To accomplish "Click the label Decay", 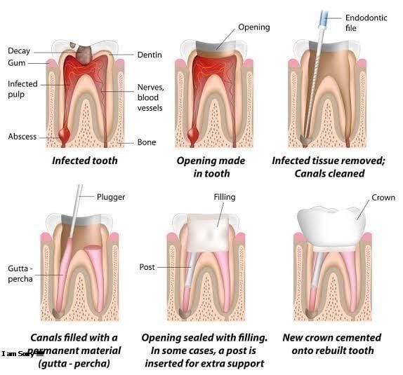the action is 19,51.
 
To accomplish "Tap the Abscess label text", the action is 22,136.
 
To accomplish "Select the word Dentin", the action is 150,55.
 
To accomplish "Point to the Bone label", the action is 147,142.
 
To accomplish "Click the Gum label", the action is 16,63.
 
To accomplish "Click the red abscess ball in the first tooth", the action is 64,133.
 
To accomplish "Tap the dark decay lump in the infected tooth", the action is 84,55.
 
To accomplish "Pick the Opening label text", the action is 254,27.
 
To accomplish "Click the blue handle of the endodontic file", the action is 324,18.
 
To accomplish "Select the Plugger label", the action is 111,197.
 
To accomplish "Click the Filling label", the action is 225,197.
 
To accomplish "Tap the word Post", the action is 147,267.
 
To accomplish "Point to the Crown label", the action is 383,198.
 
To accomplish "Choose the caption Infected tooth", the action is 85,161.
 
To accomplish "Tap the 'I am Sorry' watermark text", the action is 18,354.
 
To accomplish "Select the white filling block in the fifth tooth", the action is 209,233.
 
